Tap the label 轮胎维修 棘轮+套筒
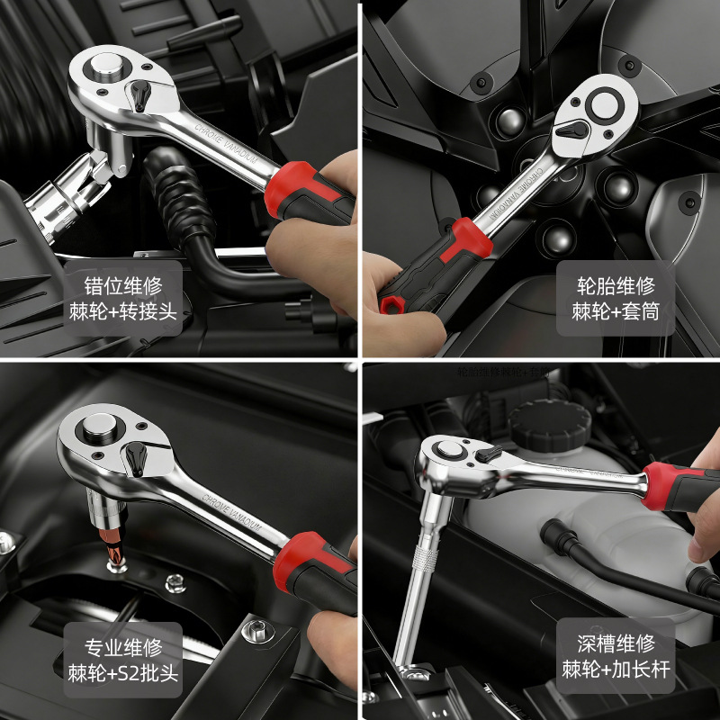click(615, 299)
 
